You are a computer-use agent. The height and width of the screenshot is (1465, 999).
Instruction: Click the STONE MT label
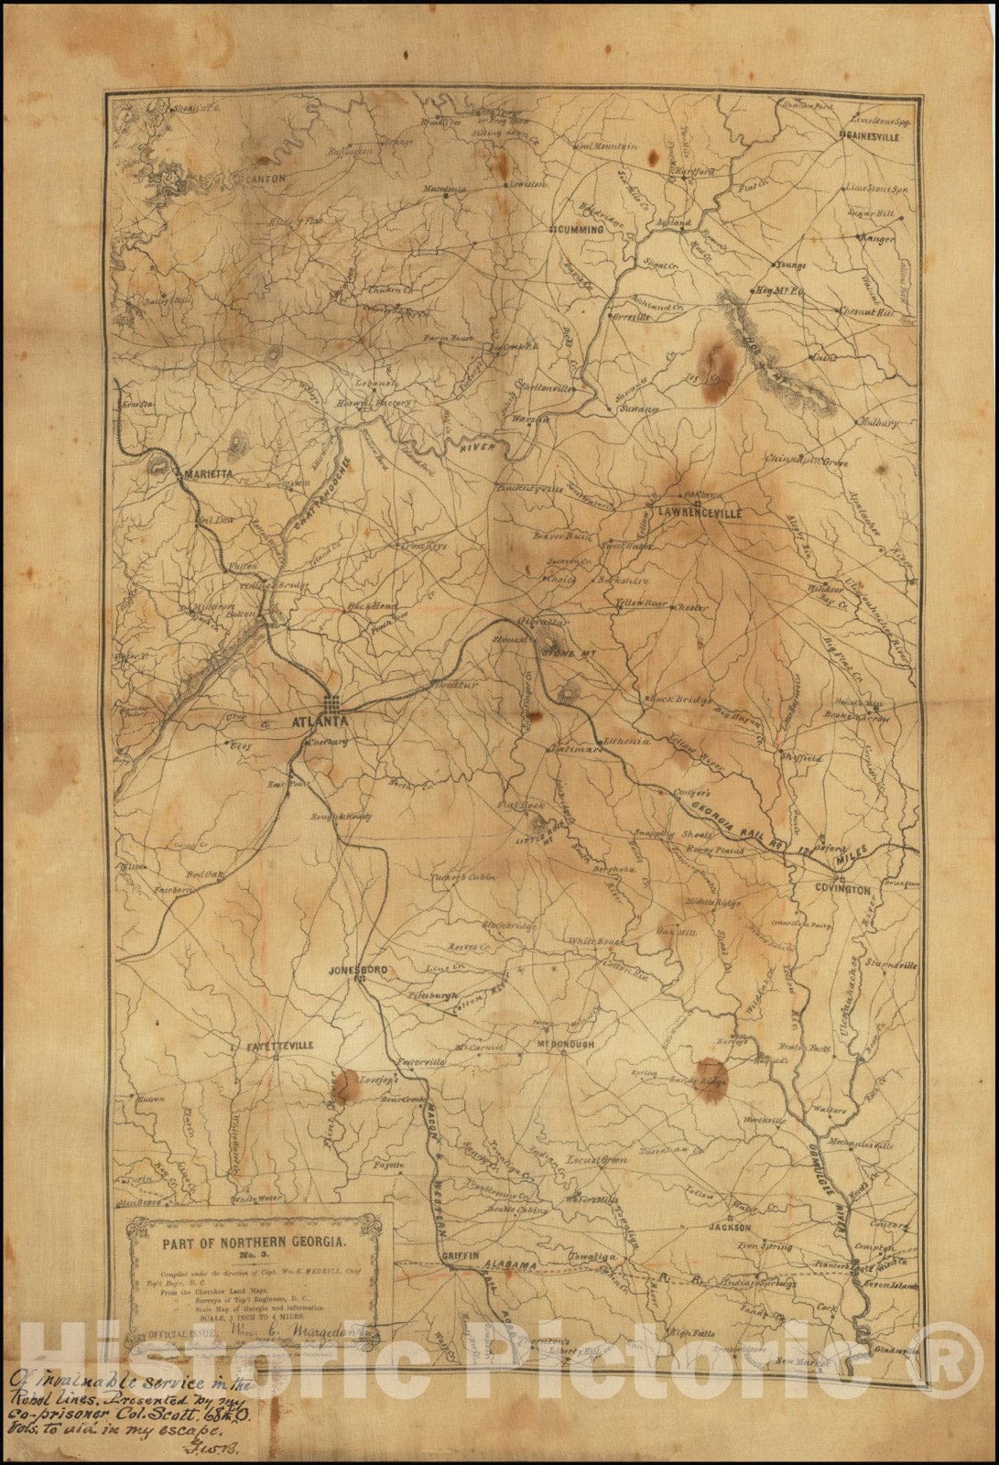pos(562,652)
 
